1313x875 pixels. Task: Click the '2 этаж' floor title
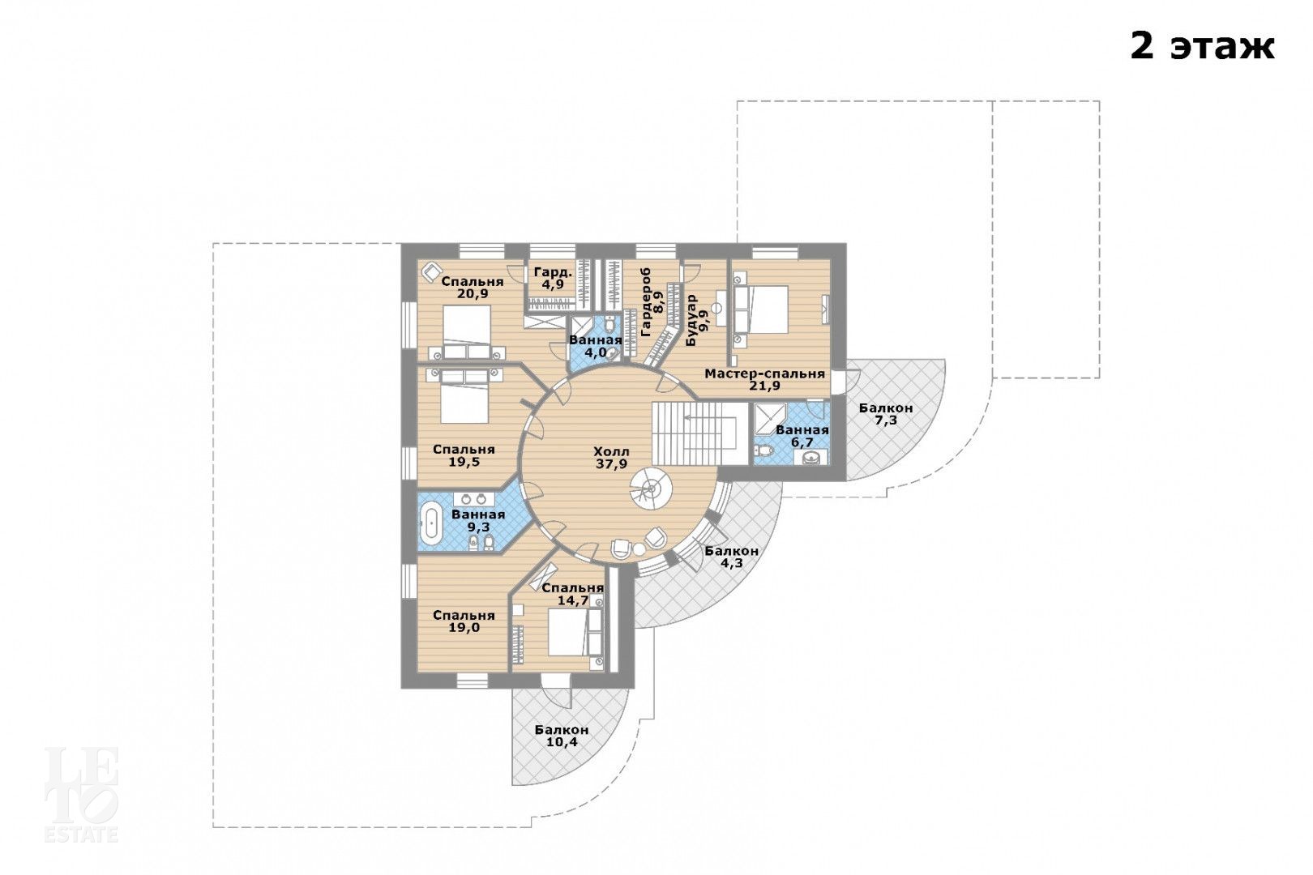click(x=1202, y=46)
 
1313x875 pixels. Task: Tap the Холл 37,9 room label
click(x=611, y=458)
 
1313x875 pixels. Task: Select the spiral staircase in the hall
click(x=651, y=489)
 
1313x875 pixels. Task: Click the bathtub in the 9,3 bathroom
click(x=432, y=523)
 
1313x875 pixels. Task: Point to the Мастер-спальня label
click(x=764, y=373)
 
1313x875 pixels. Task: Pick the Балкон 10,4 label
click(x=562, y=736)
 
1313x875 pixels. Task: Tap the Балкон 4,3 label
click(x=732, y=557)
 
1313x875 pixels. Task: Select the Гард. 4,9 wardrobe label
click(x=553, y=279)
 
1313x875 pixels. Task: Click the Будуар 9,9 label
click(x=697, y=321)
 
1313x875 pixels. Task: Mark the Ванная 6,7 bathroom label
click(x=802, y=436)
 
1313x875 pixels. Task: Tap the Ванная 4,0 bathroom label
click(x=596, y=347)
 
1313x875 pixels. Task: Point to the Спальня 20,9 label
click(x=473, y=287)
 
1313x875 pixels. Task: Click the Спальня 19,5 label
click(x=464, y=455)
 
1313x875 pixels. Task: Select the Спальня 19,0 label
click(x=464, y=621)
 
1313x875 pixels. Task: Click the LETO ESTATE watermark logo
click(x=82, y=794)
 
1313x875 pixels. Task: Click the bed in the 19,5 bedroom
click(x=464, y=395)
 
